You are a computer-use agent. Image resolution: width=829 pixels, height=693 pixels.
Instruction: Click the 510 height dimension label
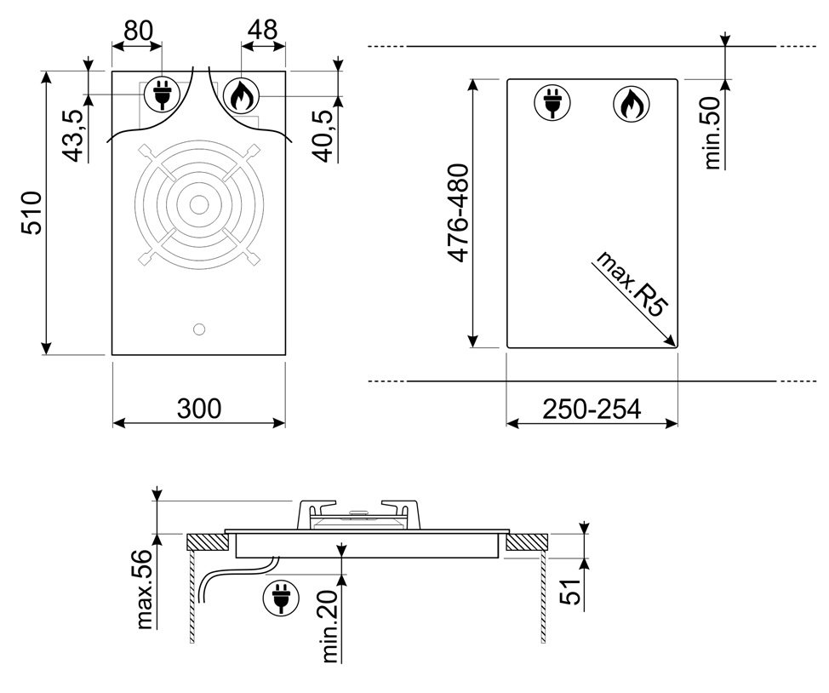(31, 213)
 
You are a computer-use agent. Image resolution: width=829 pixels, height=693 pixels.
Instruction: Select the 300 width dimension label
(199, 409)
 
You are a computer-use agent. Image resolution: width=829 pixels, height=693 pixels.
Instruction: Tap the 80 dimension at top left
(138, 31)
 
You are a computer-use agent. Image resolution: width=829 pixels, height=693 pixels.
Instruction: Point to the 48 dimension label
(263, 30)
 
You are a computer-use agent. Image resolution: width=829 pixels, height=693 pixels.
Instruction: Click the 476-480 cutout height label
(458, 213)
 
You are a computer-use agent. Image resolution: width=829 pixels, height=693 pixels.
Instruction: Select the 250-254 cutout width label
(592, 409)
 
